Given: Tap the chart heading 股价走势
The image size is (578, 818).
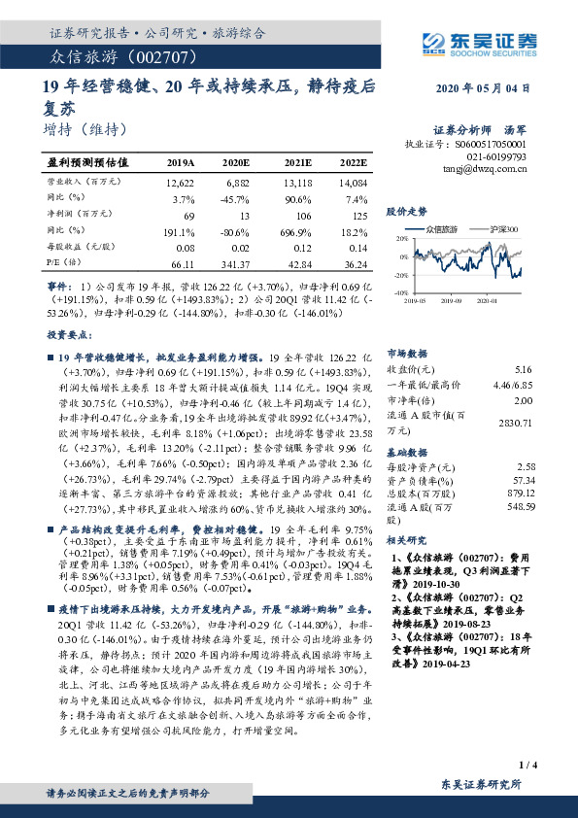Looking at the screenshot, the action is pos(406,210).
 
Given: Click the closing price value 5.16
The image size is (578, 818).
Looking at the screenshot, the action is pos(523,370).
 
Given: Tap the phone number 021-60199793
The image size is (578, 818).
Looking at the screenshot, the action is pos(493,154).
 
